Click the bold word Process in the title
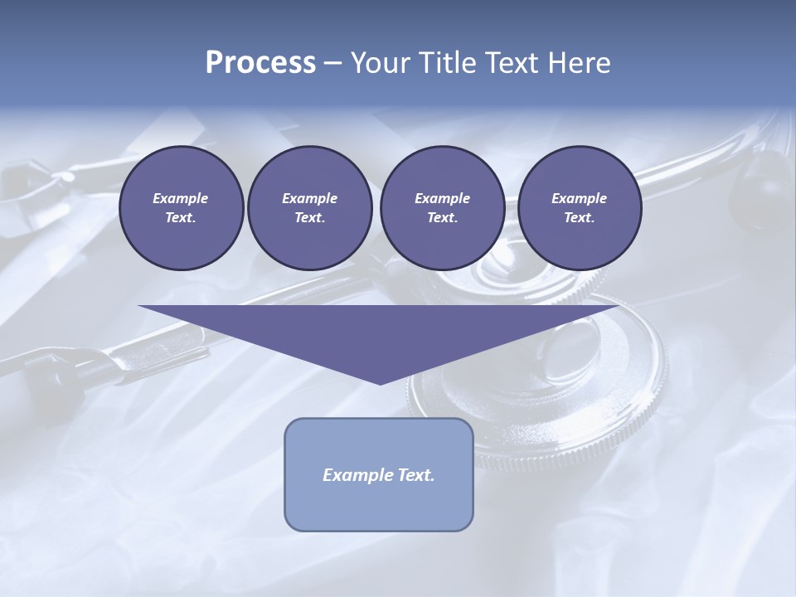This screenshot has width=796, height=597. tap(260, 63)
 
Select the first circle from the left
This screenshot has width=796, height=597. tap(181, 208)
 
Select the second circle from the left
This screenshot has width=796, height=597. tap(309, 208)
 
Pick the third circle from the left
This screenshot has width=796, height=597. tap(442, 208)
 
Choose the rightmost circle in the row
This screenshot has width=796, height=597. tap(579, 208)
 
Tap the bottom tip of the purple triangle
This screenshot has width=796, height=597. tap(380, 383)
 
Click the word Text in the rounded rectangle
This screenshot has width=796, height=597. tap(416, 475)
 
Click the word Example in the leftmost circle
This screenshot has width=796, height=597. tap(181, 198)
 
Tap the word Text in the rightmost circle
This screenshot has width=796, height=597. tap(579, 218)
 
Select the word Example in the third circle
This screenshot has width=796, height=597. tap(442, 198)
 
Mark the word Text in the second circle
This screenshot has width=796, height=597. tap(309, 218)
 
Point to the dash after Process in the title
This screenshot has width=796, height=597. tap(333, 64)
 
